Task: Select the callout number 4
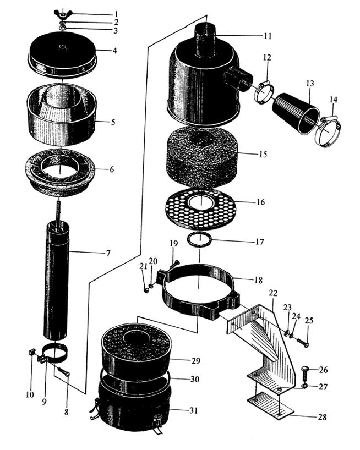115,51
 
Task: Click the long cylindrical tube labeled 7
57,281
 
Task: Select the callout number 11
268,36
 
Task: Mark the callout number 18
258,280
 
